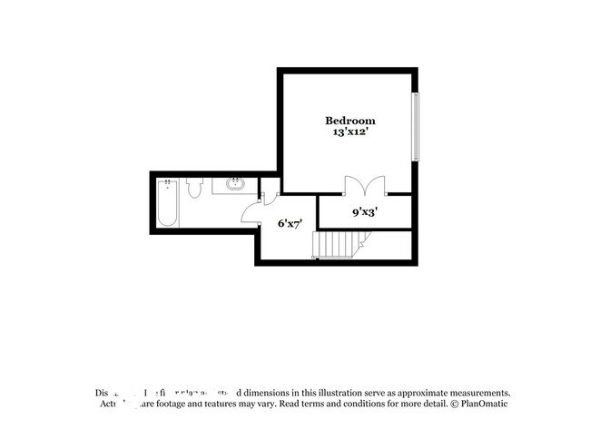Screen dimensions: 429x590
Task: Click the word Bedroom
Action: (x=350, y=120)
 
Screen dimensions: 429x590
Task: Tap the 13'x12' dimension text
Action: (x=350, y=132)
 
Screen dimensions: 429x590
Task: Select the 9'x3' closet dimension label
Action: (x=365, y=212)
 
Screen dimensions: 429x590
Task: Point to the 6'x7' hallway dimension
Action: (x=290, y=222)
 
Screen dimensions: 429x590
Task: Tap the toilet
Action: (x=193, y=189)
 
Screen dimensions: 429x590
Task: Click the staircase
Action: (x=337, y=245)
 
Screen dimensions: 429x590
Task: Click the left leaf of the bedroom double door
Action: (x=355, y=185)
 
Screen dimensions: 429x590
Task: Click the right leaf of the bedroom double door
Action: (x=375, y=185)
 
